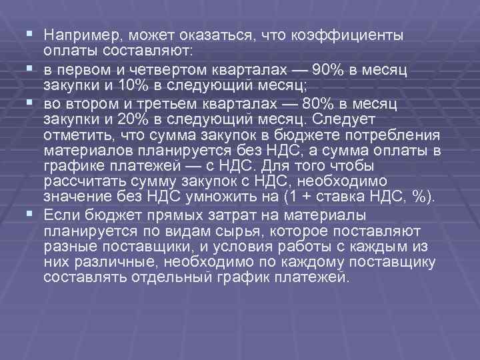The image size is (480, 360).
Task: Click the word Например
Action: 83,35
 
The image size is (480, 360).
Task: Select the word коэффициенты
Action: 363,35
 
